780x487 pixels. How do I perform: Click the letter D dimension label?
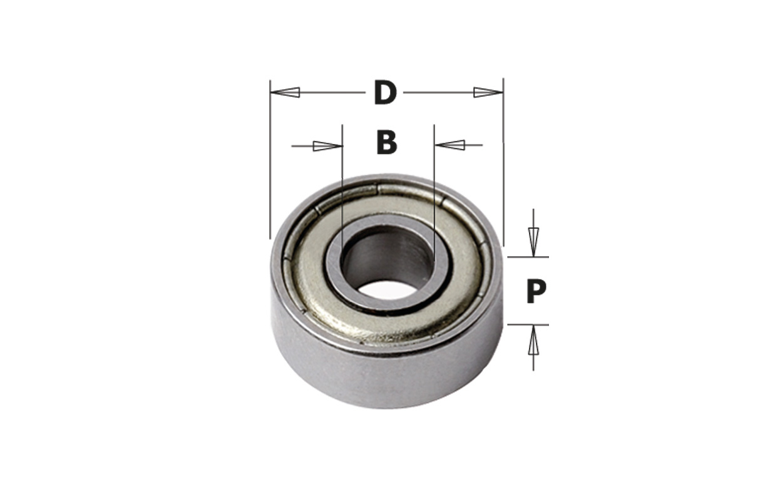(386, 93)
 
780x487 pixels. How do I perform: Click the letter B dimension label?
(387, 143)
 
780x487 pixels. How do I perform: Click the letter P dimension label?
(535, 292)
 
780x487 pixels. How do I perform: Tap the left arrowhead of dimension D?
(285, 92)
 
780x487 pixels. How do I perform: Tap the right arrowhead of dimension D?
(488, 92)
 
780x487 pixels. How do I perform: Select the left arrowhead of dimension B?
(327, 146)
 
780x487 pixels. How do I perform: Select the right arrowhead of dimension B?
(450, 145)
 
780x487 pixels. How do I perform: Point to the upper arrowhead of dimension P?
(533, 240)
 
